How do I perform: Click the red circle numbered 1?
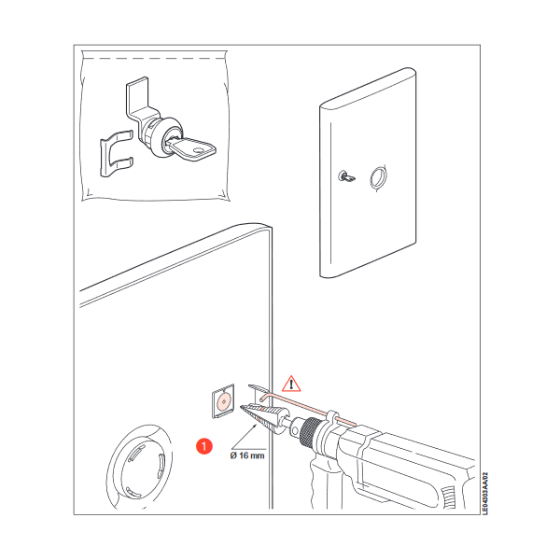click(x=203, y=446)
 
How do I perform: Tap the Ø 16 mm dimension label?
click(x=247, y=455)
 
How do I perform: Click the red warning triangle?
click(x=291, y=385)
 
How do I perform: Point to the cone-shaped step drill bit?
click(x=263, y=417)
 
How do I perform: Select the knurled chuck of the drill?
click(x=309, y=431)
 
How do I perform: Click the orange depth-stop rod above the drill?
click(x=308, y=409)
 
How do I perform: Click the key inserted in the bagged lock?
click(x=191, y=150)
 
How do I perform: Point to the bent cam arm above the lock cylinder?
click(x=137, y=100)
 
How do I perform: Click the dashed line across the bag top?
click(x=154, y=58)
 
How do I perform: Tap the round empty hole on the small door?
click(x=378, y=177)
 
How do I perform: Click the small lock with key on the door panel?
click(x=346, y=176)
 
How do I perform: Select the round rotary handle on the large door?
click(x=140, y=468)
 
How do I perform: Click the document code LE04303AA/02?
click(x=484, y=494)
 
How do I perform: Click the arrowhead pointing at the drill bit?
click(x=255, y=426)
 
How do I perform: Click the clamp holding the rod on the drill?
click(x=331, y=417)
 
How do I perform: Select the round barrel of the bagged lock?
click(x=161, y=135)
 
